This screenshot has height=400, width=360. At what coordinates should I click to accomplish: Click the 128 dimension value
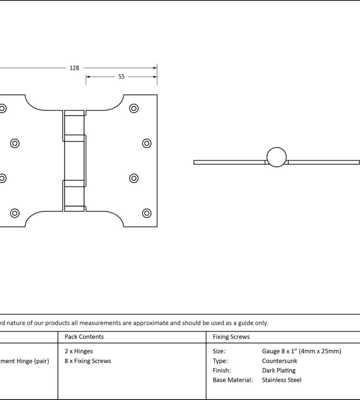(x=74, y=68)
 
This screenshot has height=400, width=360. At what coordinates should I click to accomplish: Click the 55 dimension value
(x=121, y=77)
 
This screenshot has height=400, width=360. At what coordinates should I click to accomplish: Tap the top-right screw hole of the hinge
(x=134, y=108)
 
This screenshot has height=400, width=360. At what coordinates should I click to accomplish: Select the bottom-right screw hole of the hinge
(x=147, y=213)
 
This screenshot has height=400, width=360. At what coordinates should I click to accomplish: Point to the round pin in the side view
(x=276, y=157)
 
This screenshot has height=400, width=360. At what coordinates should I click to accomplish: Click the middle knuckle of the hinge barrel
(x=75, y=161)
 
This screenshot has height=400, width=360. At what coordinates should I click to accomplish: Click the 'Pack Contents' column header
(x=84, y=337)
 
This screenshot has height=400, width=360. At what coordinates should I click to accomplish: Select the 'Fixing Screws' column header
(x=231, y=337)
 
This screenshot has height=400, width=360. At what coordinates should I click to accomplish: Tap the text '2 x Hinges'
(x=79, y=351)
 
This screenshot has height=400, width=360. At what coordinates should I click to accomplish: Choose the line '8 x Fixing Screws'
(x=88, y=361)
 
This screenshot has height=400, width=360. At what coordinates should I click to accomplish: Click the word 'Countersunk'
(x=280, y=361)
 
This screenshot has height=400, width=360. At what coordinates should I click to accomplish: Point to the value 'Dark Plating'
(x=278, y=370)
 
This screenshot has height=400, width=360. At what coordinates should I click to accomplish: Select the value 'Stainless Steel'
(x=282, y=380)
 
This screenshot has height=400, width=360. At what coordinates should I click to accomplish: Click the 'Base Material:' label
(x=233, y=380)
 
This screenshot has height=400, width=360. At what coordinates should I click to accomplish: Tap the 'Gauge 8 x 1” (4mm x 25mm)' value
(x=302, y=351)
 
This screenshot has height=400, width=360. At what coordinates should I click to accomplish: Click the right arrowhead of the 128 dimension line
(x=155, y=68)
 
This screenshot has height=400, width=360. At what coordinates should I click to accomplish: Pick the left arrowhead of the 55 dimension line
(x=88, y=77)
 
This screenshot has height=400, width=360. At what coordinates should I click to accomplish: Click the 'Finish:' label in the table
(x=222, y=370)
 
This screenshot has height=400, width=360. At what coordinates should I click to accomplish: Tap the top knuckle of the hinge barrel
(x=74, y=122)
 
